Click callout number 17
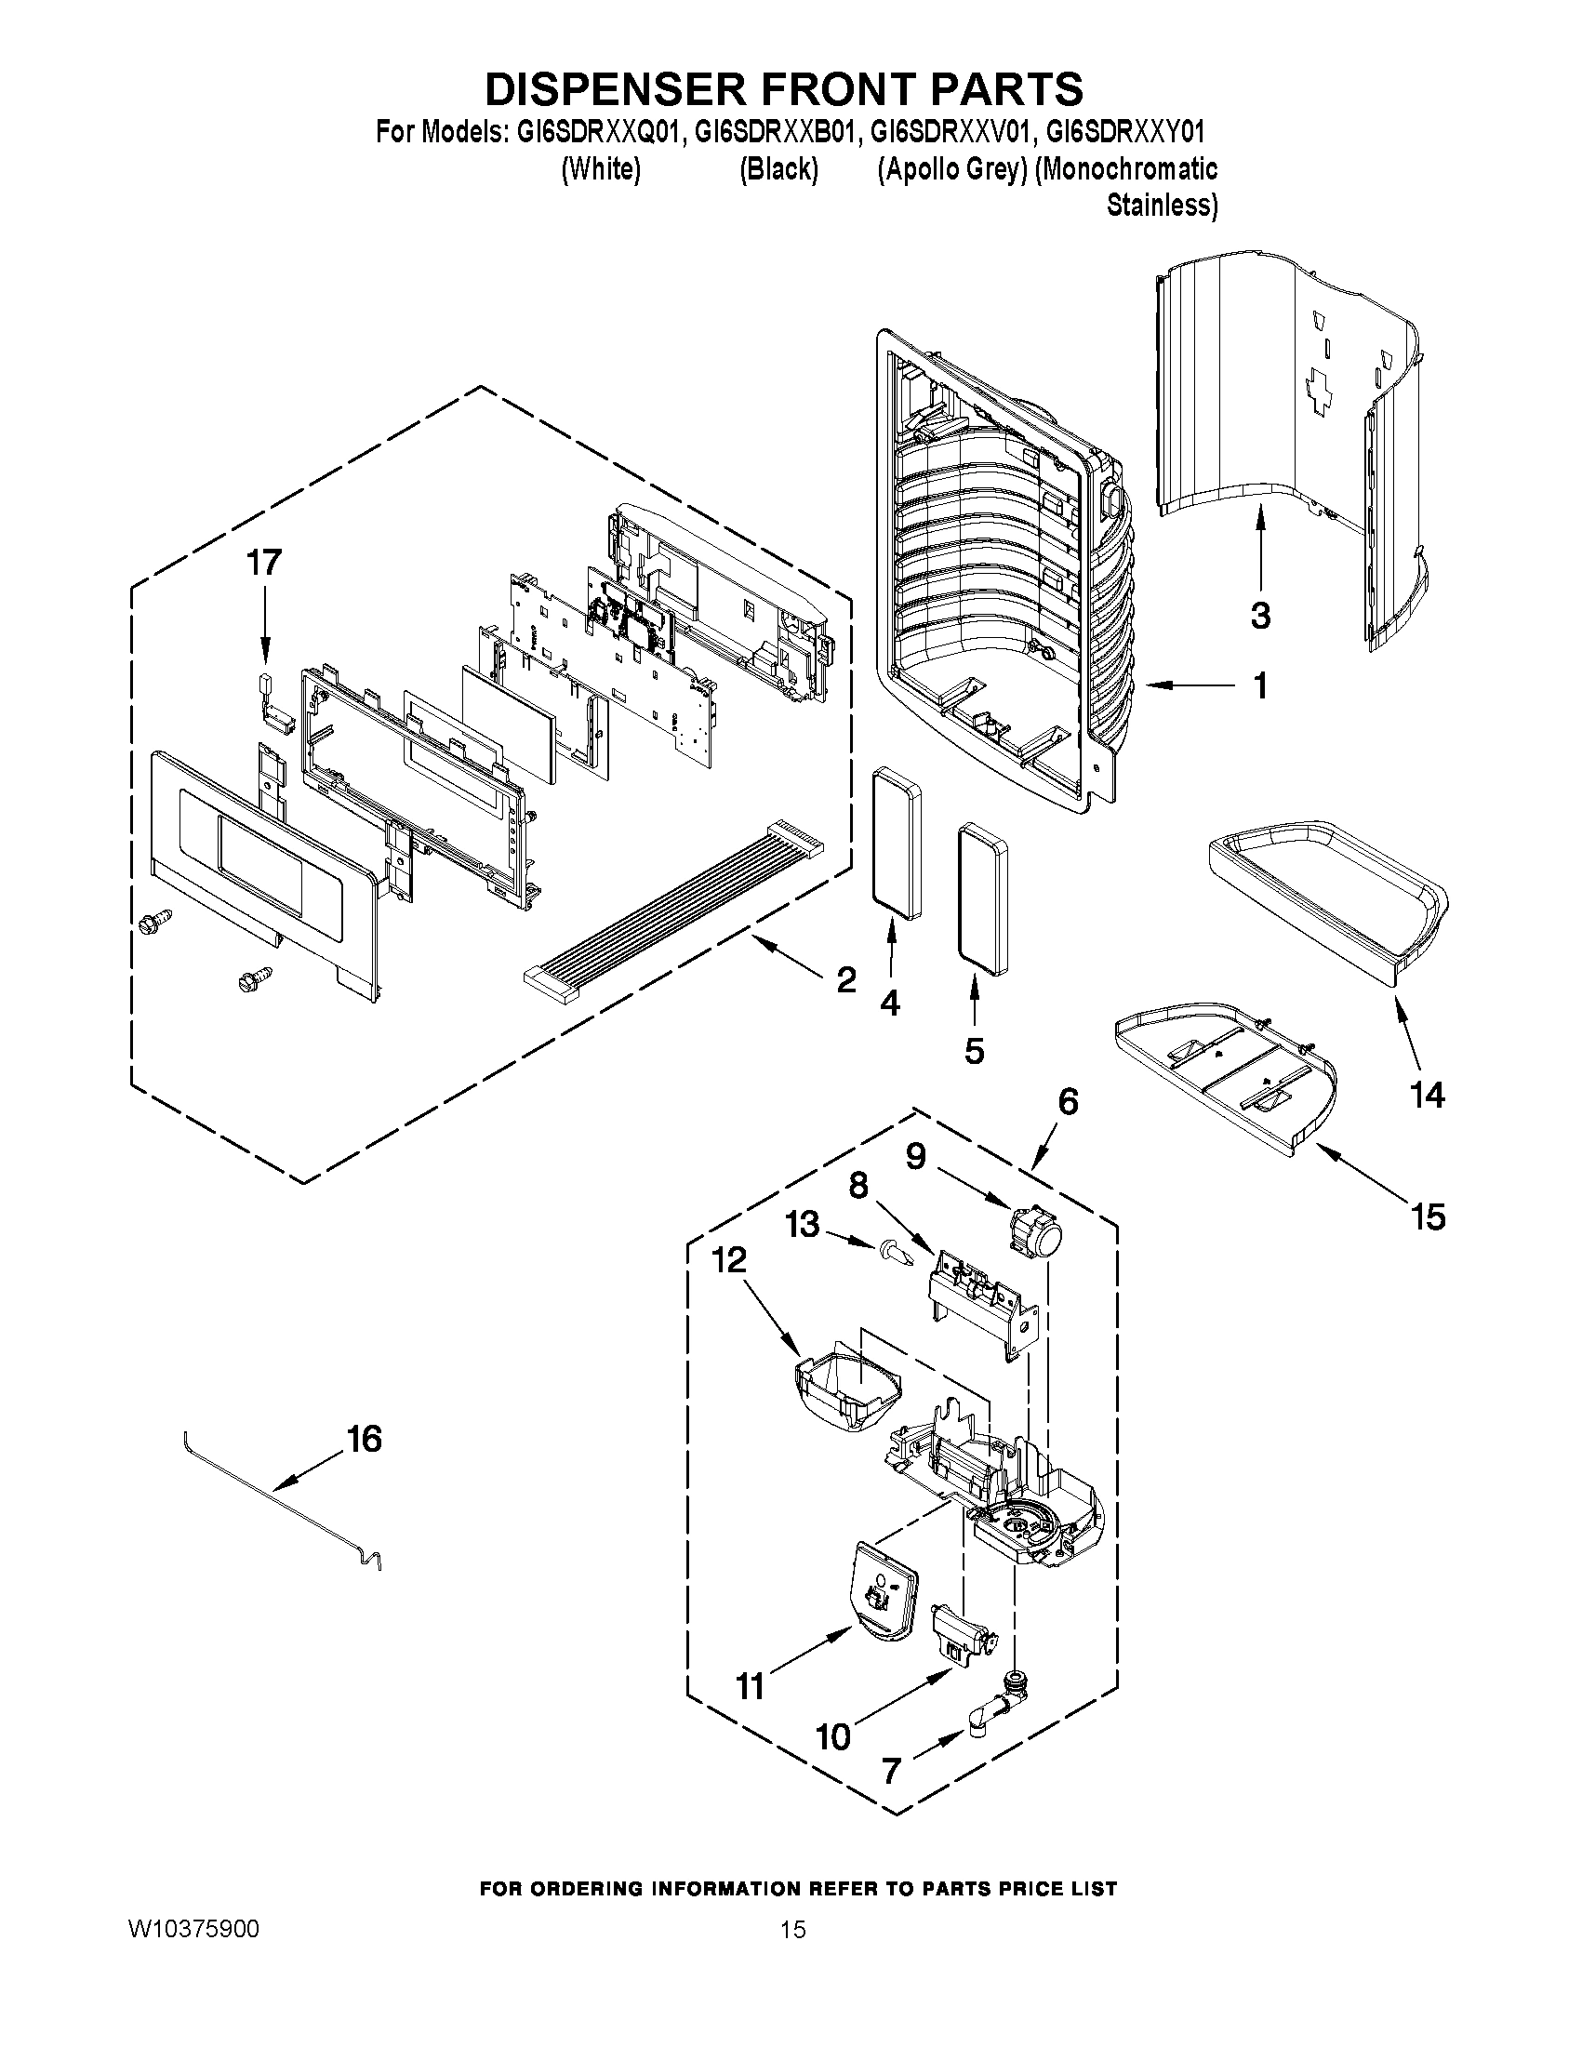tap(263, 564)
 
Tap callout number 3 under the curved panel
tap(1260, 616)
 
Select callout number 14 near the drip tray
tap(1427, 1095)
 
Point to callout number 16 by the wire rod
tap(365, 1440)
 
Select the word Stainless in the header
tap(1162, 206)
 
